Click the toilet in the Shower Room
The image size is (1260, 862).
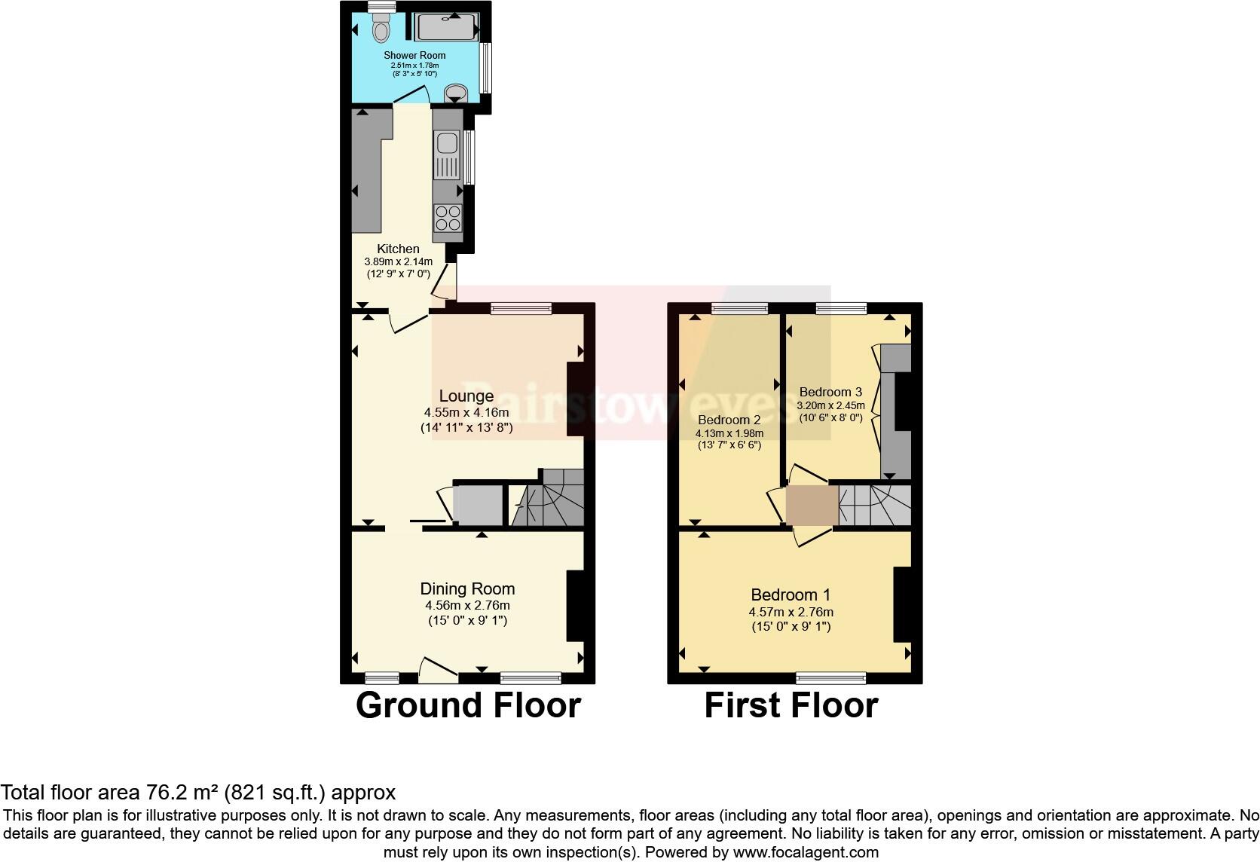point(381,29)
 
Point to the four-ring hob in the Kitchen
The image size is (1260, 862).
point(448,219)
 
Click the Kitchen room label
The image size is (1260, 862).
point(398,249)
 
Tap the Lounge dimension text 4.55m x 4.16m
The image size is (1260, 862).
point(466,412)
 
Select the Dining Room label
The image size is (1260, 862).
point(467,589)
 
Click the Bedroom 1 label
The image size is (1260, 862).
point(791,595)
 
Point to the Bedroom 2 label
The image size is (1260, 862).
point(729,420)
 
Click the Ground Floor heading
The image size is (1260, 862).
point(468,706)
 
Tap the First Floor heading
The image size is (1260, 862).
point(791,706)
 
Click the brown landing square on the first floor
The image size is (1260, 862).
point(812,505)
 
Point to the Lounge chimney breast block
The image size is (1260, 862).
point(576,399)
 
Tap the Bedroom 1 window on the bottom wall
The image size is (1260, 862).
point(831,678)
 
